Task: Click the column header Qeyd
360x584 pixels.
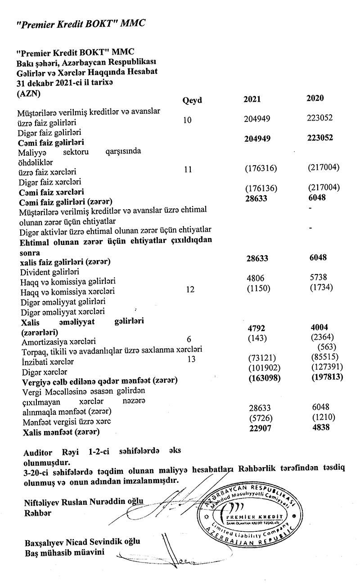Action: coord(192,100)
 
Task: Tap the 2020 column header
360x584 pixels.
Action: coord(315,99)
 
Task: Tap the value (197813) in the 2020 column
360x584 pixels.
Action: coord(327,377)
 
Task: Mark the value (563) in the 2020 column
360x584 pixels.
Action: coord(327,347)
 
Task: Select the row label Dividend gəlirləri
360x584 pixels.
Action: coord(50,273)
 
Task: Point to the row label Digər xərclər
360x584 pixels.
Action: coord(45,373)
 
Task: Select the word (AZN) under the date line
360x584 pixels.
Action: coord(28,94)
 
